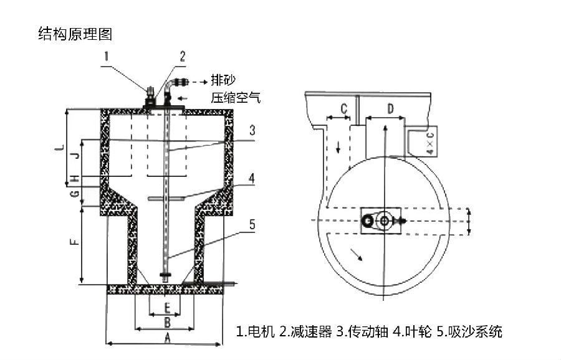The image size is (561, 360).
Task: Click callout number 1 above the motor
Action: pyautogui.click(x=107, y=58)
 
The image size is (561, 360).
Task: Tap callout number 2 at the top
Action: pyautogui.click(x=182, y=57)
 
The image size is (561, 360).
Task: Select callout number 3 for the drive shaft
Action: pyautogui.click(x=251, y=131)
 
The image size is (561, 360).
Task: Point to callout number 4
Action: pyautogui.click(x=251, y=178)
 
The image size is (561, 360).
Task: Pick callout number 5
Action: pyautogui.click(x=251, y=225)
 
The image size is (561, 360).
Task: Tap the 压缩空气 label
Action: pyautogui.click(x=236, y=98)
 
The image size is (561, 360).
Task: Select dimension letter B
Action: pyautogui.click(x=166, y=322)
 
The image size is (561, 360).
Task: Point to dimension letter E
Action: pyautogui.click(x=166, y=308)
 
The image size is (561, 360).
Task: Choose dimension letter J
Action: pyautogui.click(x=74, y=155)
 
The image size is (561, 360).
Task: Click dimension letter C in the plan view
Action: pyautogui.click(x=343, y=108)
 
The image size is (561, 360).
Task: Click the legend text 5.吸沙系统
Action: pyautogui.click(x=469, y=331)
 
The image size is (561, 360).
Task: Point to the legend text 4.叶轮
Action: pyautogui.click(x=412, y=331)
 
